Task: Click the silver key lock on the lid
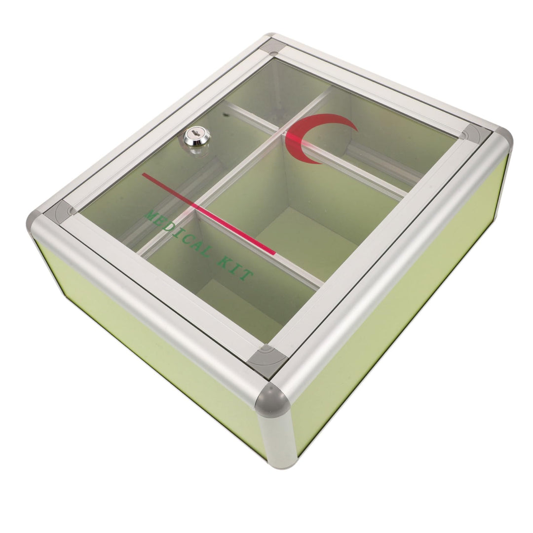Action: (x=197, y=137)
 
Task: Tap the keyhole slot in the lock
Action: (x=195, y=133)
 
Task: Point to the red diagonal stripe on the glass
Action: (x=209, y=213)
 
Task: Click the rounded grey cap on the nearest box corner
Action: (x=272, y=399)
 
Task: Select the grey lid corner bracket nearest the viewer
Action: (x=267, y=360)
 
